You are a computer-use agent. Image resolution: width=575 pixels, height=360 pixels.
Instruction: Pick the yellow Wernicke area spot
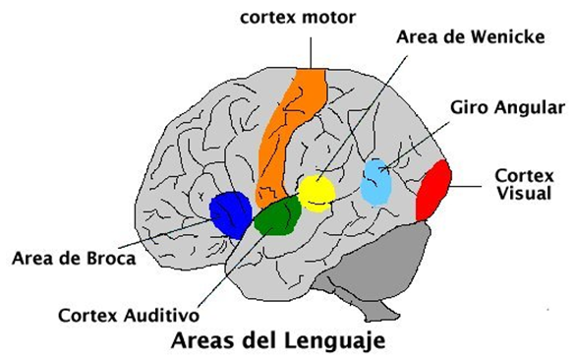(x=316, y=193)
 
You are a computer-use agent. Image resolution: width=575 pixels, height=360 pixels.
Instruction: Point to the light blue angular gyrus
(x=377, y=181)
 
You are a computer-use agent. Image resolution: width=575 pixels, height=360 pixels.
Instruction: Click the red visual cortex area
(x=433, y=191)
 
